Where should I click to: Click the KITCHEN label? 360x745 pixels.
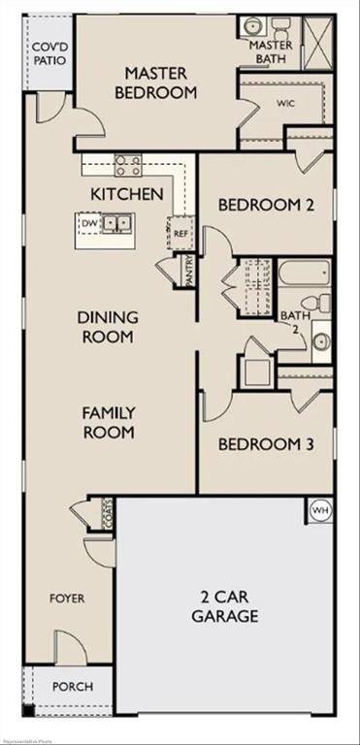click(x=127, y=194)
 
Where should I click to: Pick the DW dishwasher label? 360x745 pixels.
click(x=89, y=224)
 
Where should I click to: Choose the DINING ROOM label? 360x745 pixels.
click(x=107, y=326)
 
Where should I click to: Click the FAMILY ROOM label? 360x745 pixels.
click(x=107, y=422)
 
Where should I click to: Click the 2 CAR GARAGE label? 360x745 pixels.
click(x=224, y=605)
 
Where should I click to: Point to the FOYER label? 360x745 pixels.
click(x=67, y=599)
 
